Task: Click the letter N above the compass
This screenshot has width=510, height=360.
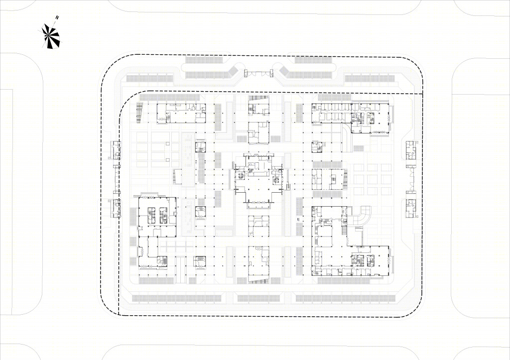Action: coord(57,18)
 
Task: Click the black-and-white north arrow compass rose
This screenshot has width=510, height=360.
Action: coord(52,35)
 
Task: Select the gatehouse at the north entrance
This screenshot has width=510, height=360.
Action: coord(258,73)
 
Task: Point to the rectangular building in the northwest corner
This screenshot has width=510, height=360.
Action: coord(181,113)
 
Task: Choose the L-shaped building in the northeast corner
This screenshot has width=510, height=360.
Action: coord(351,118)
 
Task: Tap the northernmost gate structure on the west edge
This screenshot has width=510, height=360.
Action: coord(116,150)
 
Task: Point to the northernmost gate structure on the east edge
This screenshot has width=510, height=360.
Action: coord(411,150)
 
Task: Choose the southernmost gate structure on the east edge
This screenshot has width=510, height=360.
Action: coord(411,208)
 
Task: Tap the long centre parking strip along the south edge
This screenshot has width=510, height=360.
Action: coord(258,298)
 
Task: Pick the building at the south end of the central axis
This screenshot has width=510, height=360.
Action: coord(259,264)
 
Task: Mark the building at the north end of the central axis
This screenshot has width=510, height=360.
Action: coord(259,105)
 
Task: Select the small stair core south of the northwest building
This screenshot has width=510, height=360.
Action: coord(200,147)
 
